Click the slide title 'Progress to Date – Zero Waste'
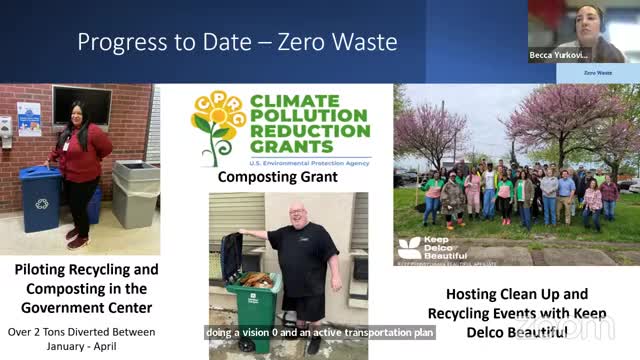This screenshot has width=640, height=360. tap(237, 42)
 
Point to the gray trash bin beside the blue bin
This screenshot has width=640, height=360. tap(135, 192)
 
